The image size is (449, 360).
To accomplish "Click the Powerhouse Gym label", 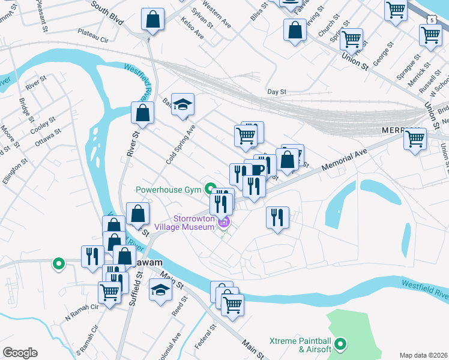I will [x=167, y=190].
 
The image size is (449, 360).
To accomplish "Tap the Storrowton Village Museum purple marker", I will [x=224, y=223].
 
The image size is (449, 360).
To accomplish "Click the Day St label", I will [x=277, y=92].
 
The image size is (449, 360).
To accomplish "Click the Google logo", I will [x=20, y=353].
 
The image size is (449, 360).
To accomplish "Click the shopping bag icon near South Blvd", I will [x=153, y=20].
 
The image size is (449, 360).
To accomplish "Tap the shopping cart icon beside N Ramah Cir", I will [x=109, y=293].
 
